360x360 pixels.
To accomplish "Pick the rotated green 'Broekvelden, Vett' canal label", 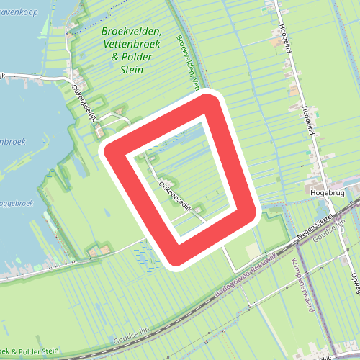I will click(x=186, y=60).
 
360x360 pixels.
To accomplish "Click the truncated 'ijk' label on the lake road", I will click(x=3, y=76).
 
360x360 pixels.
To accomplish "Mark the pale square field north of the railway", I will click(x=253, y=250).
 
